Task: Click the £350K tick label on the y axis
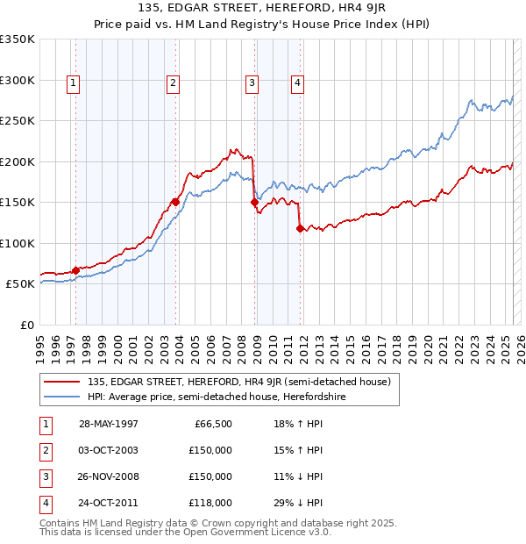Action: [x=18, y=39]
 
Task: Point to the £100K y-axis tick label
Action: [x=18, y=243]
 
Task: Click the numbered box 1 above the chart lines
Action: [x=73, y=83]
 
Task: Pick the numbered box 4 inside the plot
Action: [x=298, y=83]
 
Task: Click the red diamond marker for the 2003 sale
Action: [x=175, y=202]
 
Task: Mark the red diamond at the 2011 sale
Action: [x=300, y=228]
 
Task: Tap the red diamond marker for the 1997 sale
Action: [x=75, y=270]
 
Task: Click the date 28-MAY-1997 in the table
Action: [x=108, y=424]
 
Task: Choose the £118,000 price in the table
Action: [x=211, y=503]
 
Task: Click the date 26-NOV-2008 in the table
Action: [x=108, y=476]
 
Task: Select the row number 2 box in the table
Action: [x=44, y=450]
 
